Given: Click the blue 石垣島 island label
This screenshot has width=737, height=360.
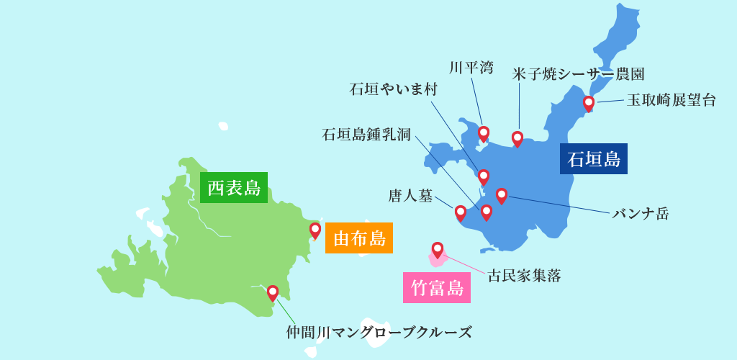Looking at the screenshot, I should click(x=593, y=158).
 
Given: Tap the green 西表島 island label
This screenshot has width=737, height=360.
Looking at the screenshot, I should click(x=233, y=188).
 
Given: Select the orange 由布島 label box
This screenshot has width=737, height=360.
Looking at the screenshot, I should click(x=358, y=238).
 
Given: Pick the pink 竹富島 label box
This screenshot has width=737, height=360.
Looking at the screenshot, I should click(x=436, y=288).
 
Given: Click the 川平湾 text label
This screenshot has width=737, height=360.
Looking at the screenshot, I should click(x=471, y=68).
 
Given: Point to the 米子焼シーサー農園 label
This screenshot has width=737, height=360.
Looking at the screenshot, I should click(x=578, y=73).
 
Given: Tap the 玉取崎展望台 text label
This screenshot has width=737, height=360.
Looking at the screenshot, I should click(x=671, y=100).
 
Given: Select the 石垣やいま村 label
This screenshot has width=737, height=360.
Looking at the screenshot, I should click(x=393, y=89).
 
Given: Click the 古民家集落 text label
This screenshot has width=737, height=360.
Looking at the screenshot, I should click(x=524, y=275).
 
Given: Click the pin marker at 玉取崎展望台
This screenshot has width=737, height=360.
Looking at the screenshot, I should click(x=589, y=103).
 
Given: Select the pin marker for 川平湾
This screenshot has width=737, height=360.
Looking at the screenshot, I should click(x=484, y=133).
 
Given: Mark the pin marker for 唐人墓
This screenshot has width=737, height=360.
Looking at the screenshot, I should click(x=461, y=212).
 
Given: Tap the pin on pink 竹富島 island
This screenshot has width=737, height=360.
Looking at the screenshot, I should click(x=438, y=249).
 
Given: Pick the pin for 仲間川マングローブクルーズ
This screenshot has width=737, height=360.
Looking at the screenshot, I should click(x=273, y=292).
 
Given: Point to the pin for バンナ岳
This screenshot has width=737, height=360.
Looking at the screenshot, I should click(x=502, y=195).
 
